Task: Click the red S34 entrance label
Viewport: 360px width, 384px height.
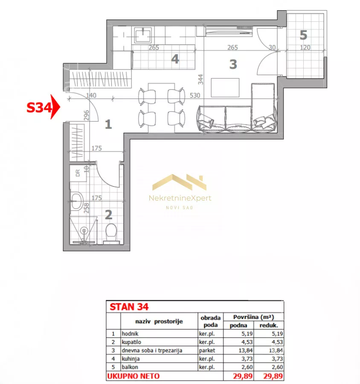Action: [x=39, y=108]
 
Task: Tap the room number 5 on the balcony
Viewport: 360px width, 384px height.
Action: [x=303, y=35]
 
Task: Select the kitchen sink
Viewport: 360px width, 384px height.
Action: [x=143, y=35]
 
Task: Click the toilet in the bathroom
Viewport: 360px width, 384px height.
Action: [x=111, y=234]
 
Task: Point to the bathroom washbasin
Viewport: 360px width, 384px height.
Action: [x=76, y=201]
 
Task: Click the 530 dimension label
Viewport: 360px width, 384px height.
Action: [x=195, y=95]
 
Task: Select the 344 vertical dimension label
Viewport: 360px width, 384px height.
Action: [x=200, y=79]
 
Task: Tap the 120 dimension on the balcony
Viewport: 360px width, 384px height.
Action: [x=305, y=47]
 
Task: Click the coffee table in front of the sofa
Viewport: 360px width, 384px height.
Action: [x=225, y=87]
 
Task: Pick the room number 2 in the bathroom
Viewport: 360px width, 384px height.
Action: [x=108, y=215]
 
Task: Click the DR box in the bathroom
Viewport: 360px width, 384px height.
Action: [x=78, y=173]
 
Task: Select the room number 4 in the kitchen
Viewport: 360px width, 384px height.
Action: [x=175, y=59]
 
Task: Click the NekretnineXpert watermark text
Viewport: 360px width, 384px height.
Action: [x=180, y=198]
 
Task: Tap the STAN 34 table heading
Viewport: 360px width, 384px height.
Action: [x=129, y=307]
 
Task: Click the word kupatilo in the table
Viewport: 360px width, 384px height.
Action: [x=131, y=342]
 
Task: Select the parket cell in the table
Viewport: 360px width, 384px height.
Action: [x=207, y=350]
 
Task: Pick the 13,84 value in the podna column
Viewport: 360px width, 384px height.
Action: [x=245, y=350]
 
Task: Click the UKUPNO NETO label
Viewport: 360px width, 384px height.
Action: [x=133, y=376]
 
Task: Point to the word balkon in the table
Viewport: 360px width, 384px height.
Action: [x=130, y=367]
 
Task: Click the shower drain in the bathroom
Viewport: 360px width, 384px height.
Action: [x=84, y=230]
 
